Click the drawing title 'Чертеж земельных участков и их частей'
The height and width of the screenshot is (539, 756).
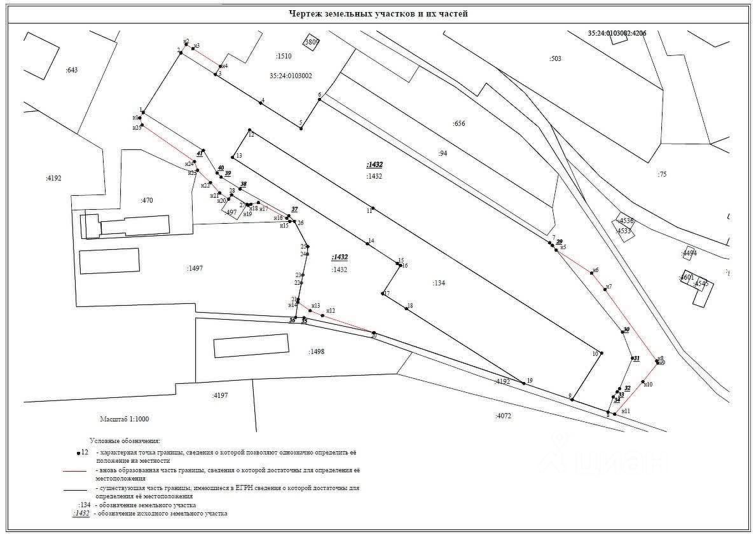378,13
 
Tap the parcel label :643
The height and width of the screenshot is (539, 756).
71,70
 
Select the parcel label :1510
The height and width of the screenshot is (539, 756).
283,56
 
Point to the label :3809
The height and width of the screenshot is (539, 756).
312,43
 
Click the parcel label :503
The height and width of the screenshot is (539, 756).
555,58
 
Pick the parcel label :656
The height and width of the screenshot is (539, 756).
458,123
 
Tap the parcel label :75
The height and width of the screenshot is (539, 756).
662,174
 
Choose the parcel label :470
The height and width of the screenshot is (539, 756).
146,200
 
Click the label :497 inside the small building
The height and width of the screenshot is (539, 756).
231,212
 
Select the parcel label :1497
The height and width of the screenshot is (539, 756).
195,268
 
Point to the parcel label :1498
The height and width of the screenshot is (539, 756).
316,351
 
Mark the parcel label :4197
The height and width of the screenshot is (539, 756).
220,395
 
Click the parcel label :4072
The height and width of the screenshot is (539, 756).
503,416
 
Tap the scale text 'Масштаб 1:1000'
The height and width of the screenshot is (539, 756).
124,419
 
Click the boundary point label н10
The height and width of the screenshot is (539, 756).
648,385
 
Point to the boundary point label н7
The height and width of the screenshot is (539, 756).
608,287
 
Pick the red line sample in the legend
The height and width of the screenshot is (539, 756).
75,471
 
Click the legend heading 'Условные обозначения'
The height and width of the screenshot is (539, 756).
125,440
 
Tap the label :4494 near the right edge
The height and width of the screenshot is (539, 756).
689,253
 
